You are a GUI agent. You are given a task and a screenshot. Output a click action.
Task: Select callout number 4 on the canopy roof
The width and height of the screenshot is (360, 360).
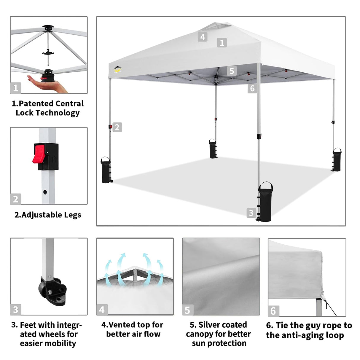click(203, 37)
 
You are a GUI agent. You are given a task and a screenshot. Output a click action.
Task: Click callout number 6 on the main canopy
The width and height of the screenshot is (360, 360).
click(252, 88)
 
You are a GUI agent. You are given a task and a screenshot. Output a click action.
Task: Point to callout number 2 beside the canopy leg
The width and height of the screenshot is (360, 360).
click(117, 127)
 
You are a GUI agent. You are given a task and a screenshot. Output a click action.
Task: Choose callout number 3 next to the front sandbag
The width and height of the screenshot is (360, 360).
click(251, 213)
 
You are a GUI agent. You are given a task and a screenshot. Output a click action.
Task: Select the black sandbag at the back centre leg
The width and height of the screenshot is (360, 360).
click(213, 149)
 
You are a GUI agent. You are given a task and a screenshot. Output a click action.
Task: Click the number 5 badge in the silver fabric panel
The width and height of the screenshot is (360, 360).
click(187, 310)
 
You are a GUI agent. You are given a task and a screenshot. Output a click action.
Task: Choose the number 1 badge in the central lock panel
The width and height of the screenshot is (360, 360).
click(16, 88)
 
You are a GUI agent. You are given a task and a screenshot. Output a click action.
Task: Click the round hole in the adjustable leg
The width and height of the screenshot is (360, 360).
click(45, 192)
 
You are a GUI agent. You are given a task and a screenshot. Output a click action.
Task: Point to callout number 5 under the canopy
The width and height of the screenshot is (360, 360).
click(232, 71)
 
